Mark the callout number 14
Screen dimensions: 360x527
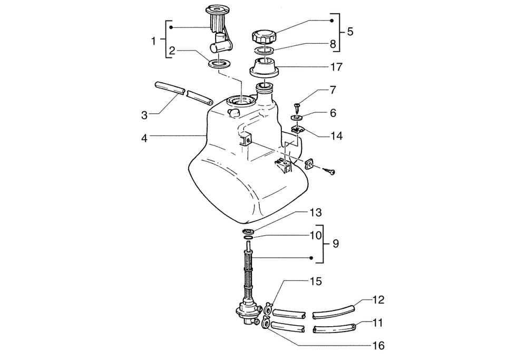336,136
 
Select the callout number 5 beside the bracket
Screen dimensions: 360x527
350,31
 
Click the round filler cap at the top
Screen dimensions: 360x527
264,37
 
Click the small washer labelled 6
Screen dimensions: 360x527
297,119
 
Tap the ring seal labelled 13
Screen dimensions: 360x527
249,232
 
